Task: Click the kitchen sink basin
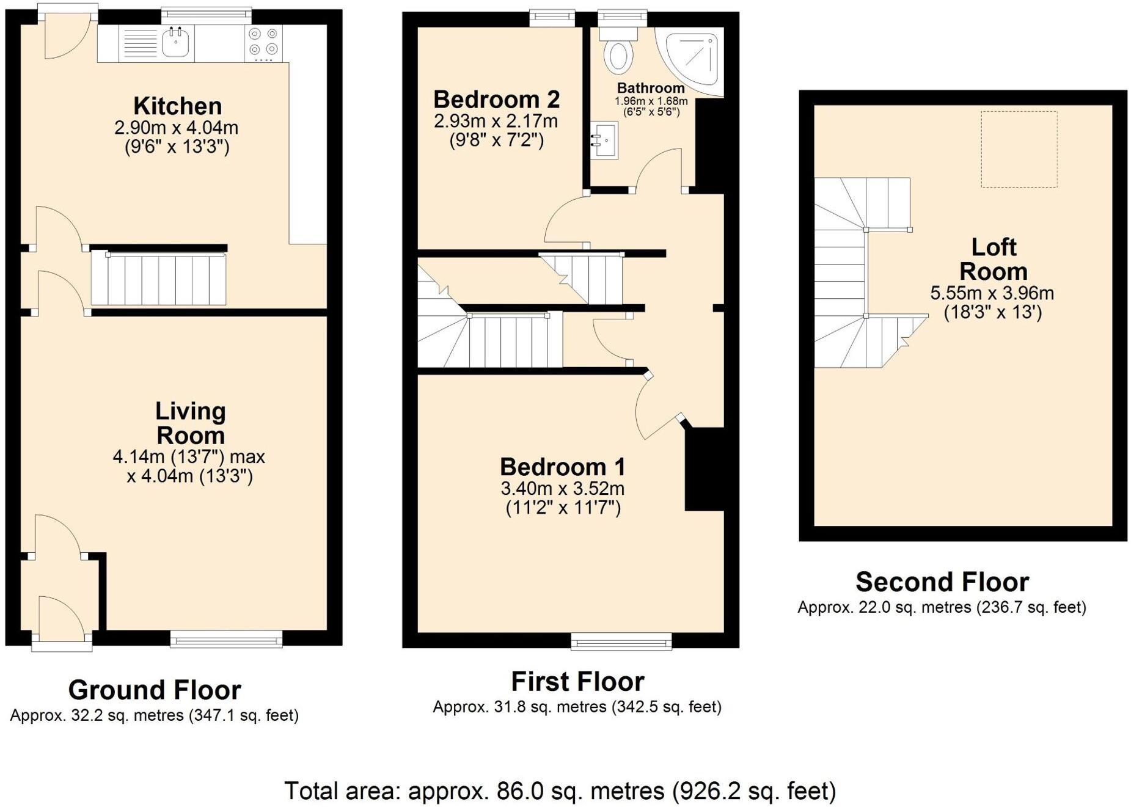(x=175, y=43)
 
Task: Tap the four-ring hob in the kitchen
(x=263, y=43)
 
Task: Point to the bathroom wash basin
(x=604, y=140)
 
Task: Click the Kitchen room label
(x=177, y=106)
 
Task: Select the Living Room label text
(x=190, y=423)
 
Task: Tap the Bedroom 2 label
(x=496, y=99)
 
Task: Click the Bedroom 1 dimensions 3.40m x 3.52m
(x=562, y=489)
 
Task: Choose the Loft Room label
(x=993, y=259)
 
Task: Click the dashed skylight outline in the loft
(x=1019, y=149)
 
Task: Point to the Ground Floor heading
(x=155, y=690)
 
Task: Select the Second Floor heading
(x=942, y=582)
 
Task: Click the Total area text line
(x=560, y=791)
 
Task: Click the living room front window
(x=226, y=639)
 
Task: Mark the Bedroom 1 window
(x=621, y=641)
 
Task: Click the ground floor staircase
(x=159, y=280)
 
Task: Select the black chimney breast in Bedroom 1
(x=704, y=469)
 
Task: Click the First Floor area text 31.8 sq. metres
(x=577, y=707)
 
